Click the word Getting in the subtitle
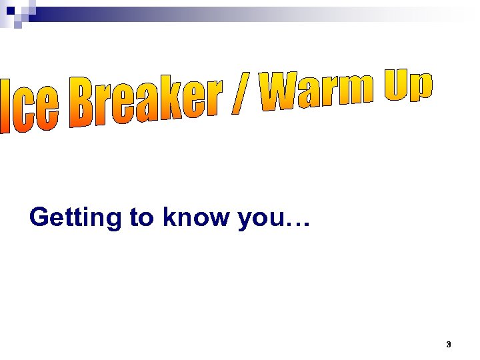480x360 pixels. tap(76, 218)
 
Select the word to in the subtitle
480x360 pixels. tap(141, 217)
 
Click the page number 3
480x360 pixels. tap(448, 345)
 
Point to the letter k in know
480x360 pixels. tap(169, 217)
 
